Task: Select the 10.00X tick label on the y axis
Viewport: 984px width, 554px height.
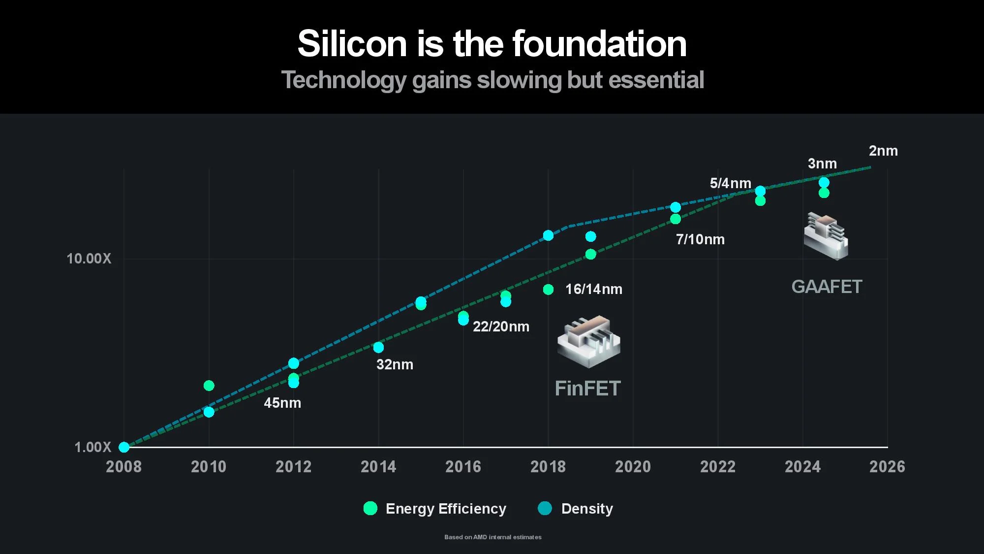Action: [89, 259]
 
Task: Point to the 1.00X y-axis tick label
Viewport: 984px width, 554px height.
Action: [93, 447]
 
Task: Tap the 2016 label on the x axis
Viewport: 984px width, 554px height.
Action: [463, 467]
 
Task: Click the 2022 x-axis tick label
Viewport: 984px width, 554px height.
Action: [718, 467]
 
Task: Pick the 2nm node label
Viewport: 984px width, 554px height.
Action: [883, 151]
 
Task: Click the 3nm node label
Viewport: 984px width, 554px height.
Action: [822, 163]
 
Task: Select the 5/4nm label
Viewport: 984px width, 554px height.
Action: [730, 183]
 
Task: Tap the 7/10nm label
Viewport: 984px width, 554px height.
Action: [700, 239]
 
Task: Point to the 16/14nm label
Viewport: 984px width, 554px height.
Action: [594, 289]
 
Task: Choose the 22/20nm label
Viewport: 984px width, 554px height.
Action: [501, 326]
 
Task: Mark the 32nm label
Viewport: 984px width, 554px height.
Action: [395, 364]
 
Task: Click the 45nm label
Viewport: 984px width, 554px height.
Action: [282, 403]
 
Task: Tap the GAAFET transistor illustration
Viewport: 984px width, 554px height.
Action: [826, 236]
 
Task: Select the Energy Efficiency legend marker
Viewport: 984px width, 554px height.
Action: [370, 508]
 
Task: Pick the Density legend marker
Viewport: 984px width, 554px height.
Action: [545, 508]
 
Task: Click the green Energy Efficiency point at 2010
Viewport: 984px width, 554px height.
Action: [209, 385]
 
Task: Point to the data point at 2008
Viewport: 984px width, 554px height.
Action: [124, 447]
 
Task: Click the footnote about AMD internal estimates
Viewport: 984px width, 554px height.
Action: [492, 537]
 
